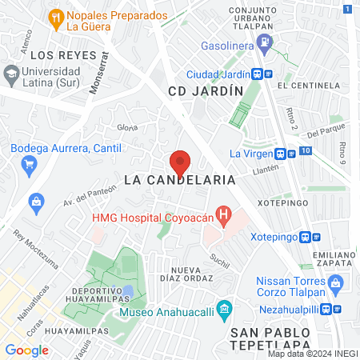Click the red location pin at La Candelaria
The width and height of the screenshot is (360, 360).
tap(180, 162)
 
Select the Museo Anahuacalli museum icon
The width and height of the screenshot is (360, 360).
tap(225, 308)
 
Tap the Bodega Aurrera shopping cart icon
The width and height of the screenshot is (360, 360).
tap(30, 164)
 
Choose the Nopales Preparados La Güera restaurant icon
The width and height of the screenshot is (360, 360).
tap(55, 16)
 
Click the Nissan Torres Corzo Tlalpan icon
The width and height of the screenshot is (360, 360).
tap(336, 281)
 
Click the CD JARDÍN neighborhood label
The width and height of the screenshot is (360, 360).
tap(206, 91)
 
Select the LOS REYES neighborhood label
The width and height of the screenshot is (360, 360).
tap(58, 55)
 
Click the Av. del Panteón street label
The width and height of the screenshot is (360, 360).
tap(84, 192)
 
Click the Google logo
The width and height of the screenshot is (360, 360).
tap(26, 350)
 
